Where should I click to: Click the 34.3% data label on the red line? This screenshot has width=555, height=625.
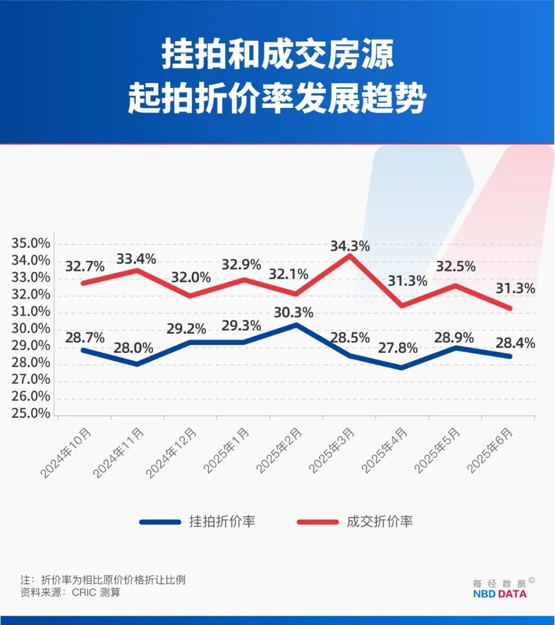pos(349,246)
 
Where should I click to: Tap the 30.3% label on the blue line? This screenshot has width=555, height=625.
pos(293,312)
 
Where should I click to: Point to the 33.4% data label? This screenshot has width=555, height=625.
pos(136,259)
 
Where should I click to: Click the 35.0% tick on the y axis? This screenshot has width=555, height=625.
pos(31,243)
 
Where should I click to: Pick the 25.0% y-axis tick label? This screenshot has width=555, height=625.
pos(31,413)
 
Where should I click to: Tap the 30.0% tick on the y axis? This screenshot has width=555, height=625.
pos(31,329)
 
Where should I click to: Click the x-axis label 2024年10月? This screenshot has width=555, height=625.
pos(67,452)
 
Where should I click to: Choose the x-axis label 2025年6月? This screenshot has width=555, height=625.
pos(491,450)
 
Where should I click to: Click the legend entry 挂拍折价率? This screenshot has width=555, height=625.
pos(222,522)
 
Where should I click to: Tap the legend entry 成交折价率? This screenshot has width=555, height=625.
pos(379,522)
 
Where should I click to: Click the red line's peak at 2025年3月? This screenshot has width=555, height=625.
pos(349,255)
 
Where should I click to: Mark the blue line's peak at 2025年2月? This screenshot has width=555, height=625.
pos(296,325)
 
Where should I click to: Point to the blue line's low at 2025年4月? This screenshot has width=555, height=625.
pos(401,368)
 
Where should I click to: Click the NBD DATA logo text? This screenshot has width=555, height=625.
pos(499,594)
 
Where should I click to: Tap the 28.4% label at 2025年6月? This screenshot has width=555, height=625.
pos(515,343)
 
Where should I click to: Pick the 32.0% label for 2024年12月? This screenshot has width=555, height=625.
pos(191,278)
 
